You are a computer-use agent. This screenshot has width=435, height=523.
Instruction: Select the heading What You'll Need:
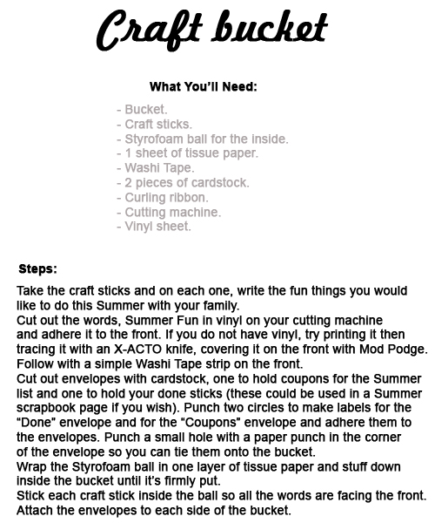203,86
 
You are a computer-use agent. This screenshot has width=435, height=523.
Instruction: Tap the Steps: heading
37,268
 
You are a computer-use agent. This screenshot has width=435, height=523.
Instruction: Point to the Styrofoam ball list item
202,139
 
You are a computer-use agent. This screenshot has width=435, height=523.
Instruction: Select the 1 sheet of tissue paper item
187,153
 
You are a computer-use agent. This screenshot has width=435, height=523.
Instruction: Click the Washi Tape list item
156,168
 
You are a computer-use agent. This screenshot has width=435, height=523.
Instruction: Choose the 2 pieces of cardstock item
183,183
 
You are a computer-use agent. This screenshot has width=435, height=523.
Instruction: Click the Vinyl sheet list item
153,227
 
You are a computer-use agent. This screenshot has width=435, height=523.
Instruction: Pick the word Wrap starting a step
31,466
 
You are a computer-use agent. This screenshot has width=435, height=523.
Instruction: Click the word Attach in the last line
36,510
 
